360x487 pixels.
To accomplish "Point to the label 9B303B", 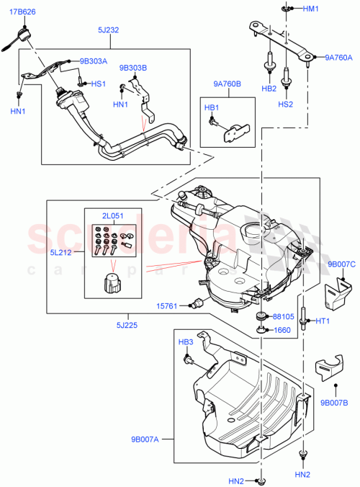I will (x=133, y=68).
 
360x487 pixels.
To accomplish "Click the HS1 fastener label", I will (x=99, y=84).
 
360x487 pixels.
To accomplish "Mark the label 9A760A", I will (x=338, y=58).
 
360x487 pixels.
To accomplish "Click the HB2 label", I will (x=268, y=89).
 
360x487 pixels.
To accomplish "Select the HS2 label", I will (x=285, y=104).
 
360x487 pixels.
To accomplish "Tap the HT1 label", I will (x=323, y=321).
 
